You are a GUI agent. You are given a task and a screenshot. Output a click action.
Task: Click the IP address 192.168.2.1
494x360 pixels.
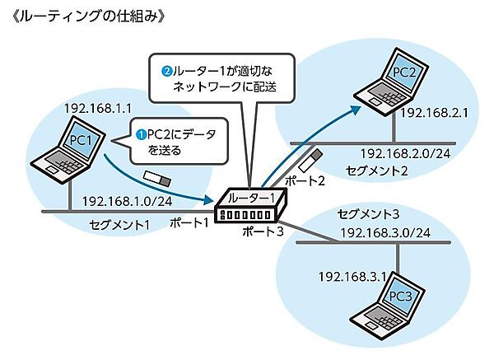pyautogui.click(x=436, y=113)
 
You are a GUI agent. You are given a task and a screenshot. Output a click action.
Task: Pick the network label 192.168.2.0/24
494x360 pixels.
pyautogui.click(x=403, y=153)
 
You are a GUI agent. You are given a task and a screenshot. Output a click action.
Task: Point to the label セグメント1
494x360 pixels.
pyautogui.click(x=119, y=224)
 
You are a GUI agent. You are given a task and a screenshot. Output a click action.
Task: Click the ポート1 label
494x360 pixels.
pyautogui.click(x=189, y=224)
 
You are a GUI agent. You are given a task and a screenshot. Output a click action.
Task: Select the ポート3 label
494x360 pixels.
pyautogui.click(x=263, y=232)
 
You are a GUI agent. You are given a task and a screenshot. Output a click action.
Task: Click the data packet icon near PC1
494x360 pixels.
pyautogui.click(x=156, y=175)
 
